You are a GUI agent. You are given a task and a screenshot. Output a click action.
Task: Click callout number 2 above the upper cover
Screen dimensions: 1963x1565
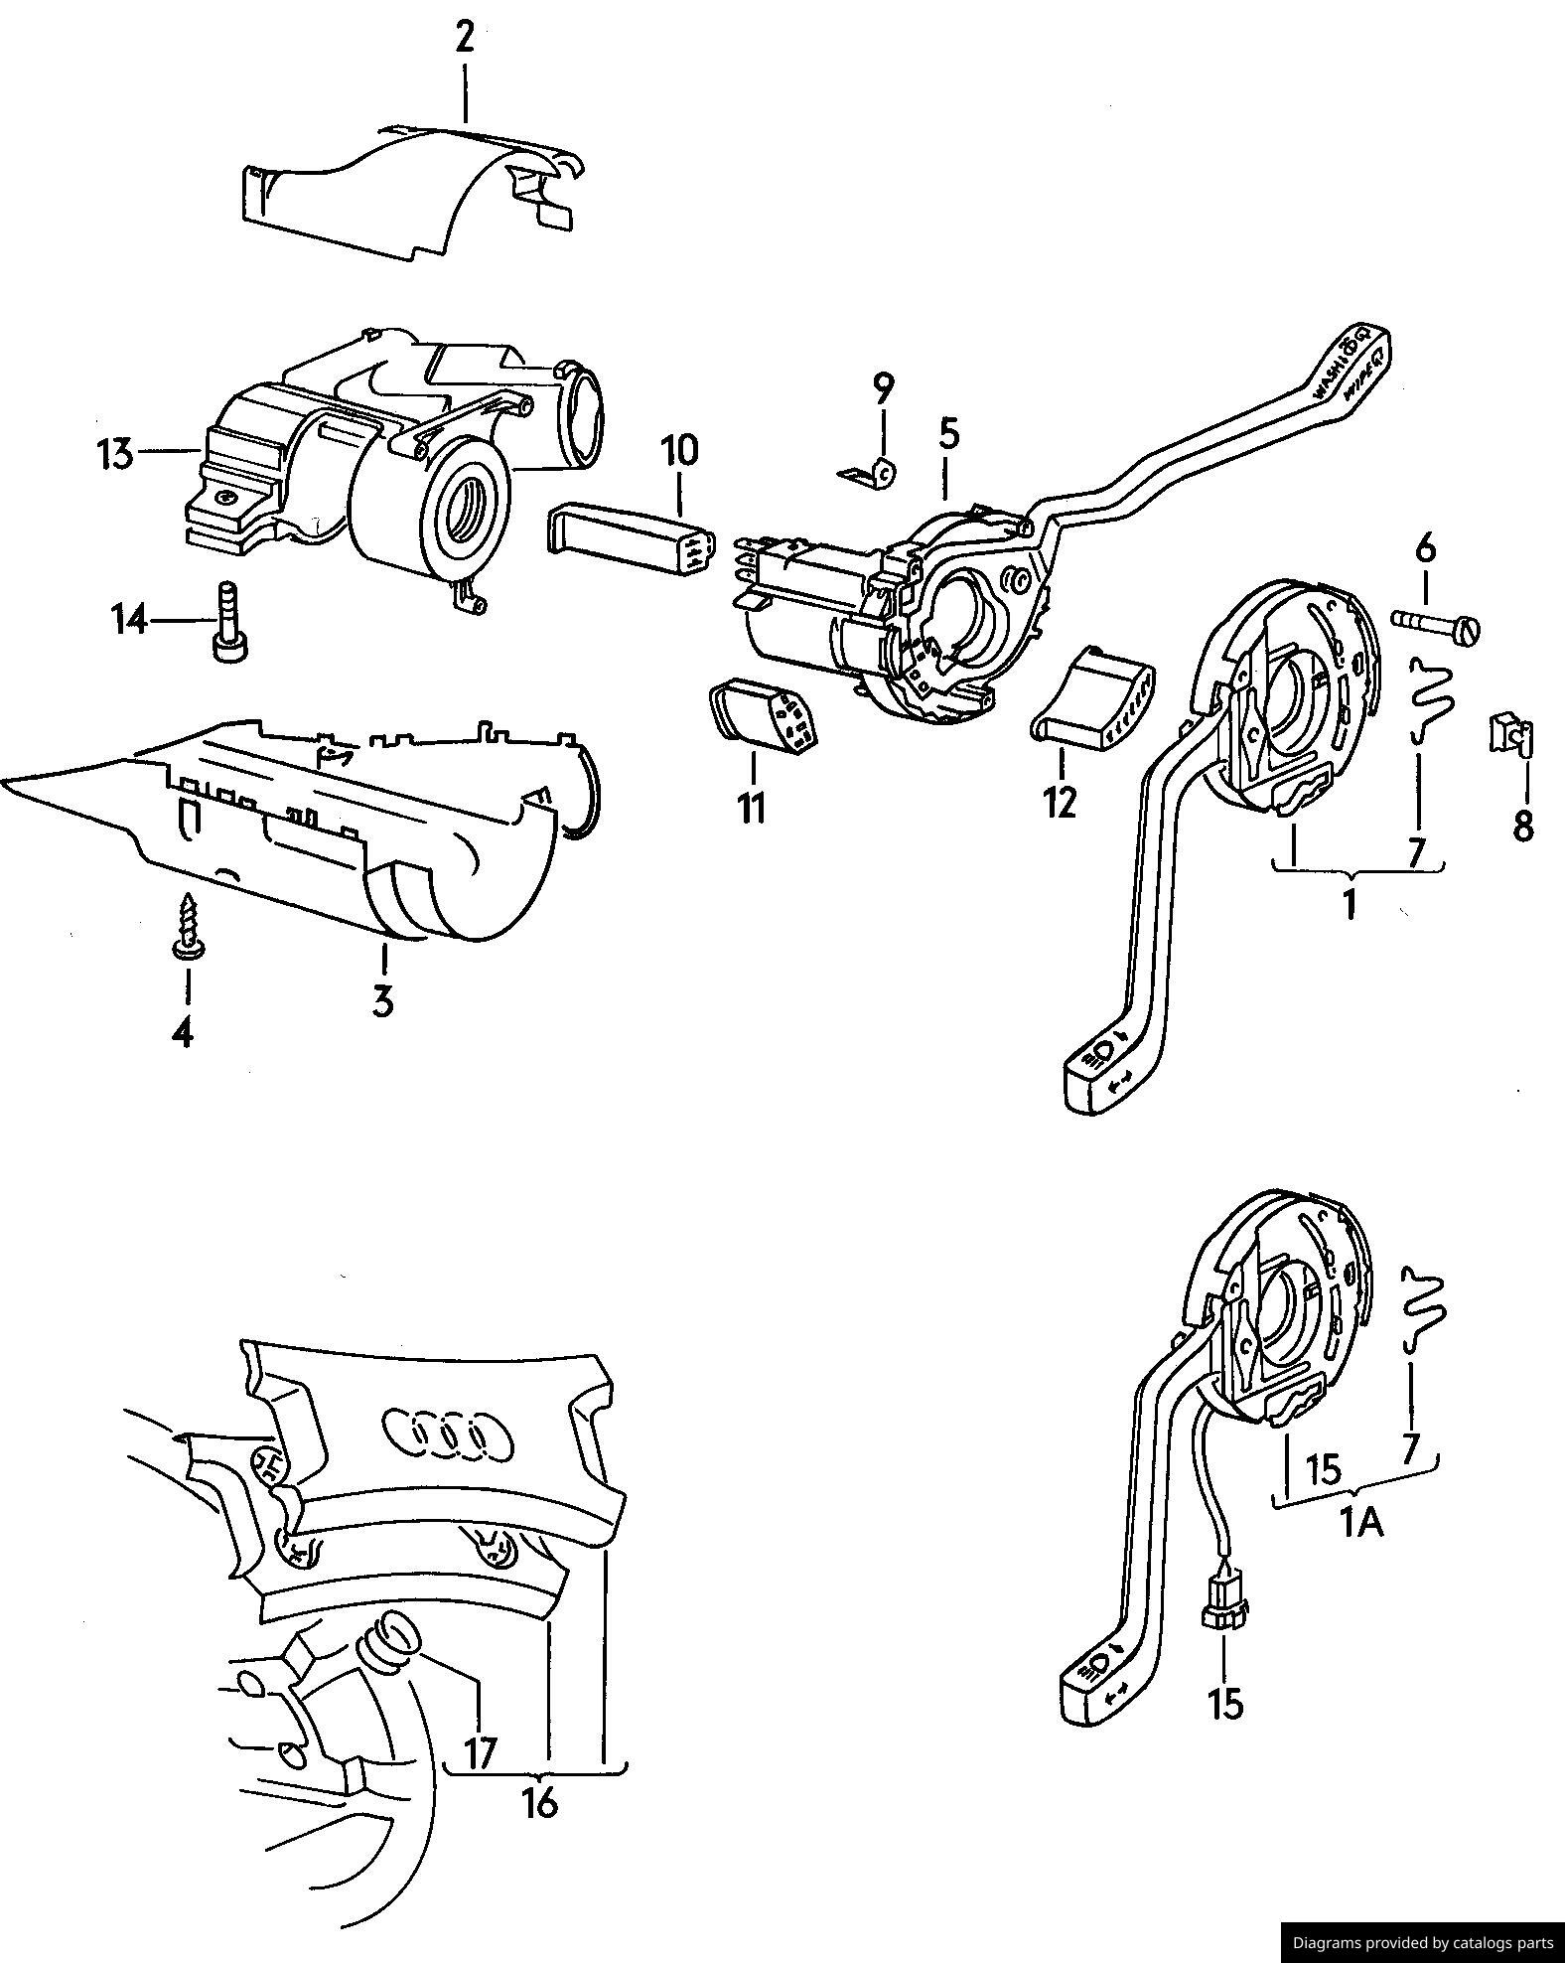[x=464, y=38]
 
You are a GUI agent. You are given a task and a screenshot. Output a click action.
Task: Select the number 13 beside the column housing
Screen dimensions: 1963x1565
[x=115, y=455]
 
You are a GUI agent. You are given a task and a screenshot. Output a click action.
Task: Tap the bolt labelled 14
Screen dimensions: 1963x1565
[x=228, y=620]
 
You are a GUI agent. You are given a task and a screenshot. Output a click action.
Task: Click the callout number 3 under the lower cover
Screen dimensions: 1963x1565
[x=383, y=999]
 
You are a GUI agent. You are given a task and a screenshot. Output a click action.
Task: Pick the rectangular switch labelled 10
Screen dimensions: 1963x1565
[x=632, y=538]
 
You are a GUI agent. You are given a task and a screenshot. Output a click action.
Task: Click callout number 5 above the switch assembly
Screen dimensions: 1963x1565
[x=948, y=433]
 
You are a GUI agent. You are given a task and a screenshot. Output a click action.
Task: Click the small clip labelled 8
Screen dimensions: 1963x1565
[x=1510, y=733]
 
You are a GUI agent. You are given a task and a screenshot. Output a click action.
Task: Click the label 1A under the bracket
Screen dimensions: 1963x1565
[x=1361, y=1522]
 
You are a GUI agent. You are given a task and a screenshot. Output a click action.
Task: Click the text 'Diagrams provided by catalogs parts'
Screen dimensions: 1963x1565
[x=1421, y=1941]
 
